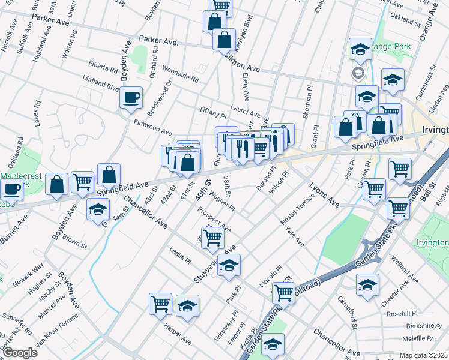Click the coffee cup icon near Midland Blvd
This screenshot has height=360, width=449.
(131, 97)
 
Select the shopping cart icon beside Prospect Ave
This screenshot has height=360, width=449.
(212, 238)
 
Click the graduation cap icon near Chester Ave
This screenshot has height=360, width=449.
(367, 286)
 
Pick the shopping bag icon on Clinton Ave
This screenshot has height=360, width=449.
(224, 40)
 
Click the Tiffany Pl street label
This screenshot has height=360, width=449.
(212, 115)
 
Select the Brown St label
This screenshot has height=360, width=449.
(74, 241)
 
